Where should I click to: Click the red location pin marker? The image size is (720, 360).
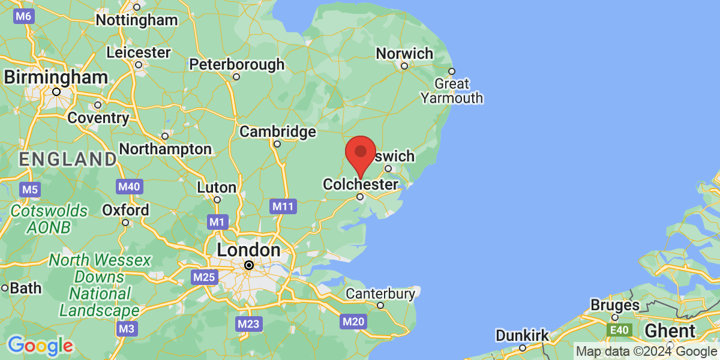(x=361, y=153)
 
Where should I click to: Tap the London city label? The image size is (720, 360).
(x=248, y=250)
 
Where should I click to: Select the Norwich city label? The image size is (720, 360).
(x=404, y=53)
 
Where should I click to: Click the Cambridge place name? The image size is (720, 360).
(x=277, y=131)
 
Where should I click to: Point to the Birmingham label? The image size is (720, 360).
(x=56, y=77)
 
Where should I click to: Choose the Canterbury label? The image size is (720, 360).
(x=380, y=293)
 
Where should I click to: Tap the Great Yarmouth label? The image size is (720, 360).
(x=452, y=91)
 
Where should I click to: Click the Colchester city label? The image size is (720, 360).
(x=360, y=184)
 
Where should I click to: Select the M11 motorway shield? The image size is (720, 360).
(x=283, y=207)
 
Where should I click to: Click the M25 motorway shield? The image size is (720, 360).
(x=204, y=277)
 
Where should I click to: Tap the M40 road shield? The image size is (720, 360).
(x=129, y=187)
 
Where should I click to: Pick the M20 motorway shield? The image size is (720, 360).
(x=353, y=322)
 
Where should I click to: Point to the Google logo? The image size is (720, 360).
(x=40, y=345)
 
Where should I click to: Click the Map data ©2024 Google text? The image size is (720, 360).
(x=646, y=351)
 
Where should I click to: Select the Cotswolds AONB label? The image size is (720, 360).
(x=49, y=219)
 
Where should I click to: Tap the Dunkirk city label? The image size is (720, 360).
(x=522, y=335)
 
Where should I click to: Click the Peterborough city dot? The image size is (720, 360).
(x=236, y=76)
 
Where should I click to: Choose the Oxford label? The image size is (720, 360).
(x=125, y=211)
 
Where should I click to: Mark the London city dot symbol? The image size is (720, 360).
(x=248, y=265)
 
